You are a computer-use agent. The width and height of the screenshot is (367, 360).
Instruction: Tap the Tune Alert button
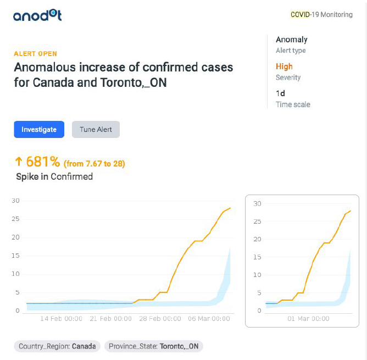96,130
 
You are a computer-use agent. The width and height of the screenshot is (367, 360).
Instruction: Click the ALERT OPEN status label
35,54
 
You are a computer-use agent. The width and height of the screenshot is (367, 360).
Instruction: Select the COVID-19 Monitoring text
321,15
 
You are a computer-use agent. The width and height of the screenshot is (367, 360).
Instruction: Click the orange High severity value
284,67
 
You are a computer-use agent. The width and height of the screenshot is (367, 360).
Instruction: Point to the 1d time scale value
280,93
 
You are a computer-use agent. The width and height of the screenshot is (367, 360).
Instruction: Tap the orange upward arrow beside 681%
18,162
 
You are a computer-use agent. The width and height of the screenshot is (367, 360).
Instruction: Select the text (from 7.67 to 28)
95,163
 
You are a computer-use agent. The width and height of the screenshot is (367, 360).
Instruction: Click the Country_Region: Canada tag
57,346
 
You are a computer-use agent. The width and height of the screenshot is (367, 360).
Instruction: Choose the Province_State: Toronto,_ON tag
154,346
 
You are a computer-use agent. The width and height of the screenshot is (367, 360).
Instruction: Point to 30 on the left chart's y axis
15,201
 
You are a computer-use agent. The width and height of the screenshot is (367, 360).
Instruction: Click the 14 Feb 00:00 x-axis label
62,319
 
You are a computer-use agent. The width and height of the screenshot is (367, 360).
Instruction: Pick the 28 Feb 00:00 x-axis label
160,319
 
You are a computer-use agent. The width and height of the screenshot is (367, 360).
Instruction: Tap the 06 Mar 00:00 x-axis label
210,319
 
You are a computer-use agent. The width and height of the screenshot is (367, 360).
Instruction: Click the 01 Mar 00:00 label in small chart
309,319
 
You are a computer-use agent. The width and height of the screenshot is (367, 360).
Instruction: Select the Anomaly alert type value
291,40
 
